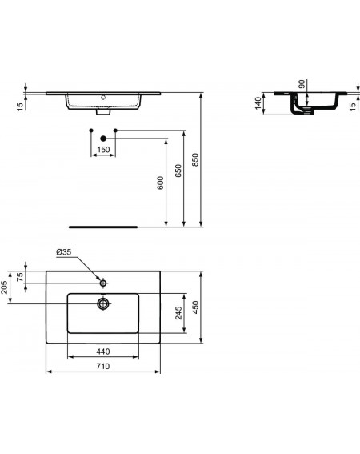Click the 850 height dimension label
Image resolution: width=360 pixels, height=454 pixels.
pyautogui.click(x=196, y=159)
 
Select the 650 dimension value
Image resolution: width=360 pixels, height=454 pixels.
pyautogui.click(x=178, y=171)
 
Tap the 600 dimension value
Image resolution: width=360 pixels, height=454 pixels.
pyautogui.click(x=160, y=183)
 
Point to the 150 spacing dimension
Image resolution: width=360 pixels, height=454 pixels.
pyautogui.click(x=103, y=150)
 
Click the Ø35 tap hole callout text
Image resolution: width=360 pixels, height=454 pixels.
pyautogui.click(x=64, y=252)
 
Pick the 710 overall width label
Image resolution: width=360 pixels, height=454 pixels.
pyautogui.click(x=103, y=366)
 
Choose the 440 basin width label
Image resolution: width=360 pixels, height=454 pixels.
pyautogui.click(x=103, y=352)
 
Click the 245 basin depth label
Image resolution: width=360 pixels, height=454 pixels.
pyautogui.click(x=179, y=313)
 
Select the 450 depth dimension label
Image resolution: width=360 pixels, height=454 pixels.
pyautogui.click(x=196, y=307)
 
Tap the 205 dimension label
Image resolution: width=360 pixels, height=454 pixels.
pyautogui.click(x=4, y=287)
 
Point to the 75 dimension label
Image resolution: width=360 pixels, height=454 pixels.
pyautogui.click(x=20, y=277)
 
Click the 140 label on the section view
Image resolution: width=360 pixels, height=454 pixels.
pyautogui.click(x=258, y=103)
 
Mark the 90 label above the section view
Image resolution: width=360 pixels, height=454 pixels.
pyautogui.click(x=302, y=84)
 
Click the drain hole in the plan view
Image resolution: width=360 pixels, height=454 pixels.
pyautogui.click(x=103, y=303)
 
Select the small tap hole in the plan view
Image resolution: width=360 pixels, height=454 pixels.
pyautogui.click(x=103, y=283)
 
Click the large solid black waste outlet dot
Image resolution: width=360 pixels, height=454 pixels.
pyautogui.click(x=103, y=139)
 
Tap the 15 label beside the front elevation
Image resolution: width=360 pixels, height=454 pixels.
pyautogui.click(x=20, y=106)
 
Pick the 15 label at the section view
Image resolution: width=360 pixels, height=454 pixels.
pyautogui.click(x=352, y=106)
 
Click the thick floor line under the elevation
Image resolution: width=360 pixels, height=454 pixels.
pyautogui.click(x=103, y=227)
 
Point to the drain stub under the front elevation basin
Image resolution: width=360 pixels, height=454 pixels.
pyautogui.click(x=103, y=112)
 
